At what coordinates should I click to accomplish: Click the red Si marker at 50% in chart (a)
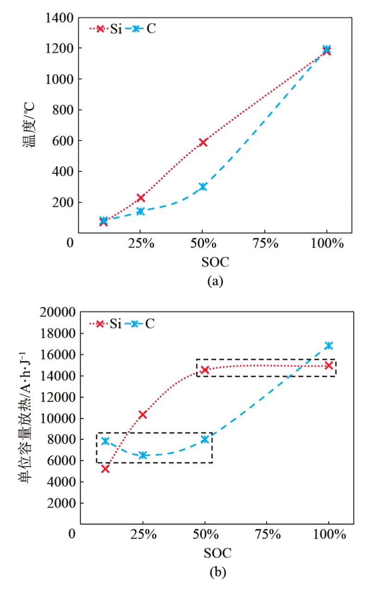203,142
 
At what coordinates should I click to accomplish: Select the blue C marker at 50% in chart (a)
203,187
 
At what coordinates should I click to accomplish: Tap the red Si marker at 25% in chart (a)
141,198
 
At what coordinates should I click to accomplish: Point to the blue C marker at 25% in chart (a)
141,211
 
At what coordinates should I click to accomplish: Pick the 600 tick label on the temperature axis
63,140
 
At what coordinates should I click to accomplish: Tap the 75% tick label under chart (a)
265,243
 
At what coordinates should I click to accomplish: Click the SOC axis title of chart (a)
215,262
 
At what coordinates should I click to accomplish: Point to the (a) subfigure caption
215,281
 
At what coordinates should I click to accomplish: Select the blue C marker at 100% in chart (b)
329,346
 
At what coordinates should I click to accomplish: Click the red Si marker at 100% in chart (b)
329,365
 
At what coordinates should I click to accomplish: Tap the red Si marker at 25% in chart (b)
143,414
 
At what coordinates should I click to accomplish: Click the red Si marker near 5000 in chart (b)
105,468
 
